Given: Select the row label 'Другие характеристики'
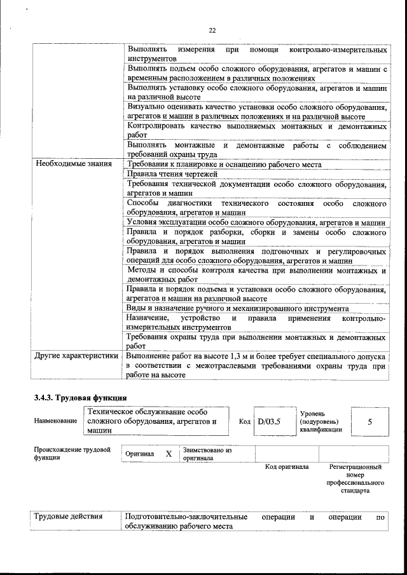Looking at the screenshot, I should tap(76, 356).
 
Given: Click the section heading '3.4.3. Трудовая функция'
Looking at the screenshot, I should tap(80, 398).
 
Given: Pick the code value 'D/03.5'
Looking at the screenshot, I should tap(270, 421).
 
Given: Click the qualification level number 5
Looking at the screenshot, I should tap(369, 421).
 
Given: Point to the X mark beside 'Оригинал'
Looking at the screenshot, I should tap(169, 454).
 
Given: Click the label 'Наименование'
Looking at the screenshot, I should tap(57, 421).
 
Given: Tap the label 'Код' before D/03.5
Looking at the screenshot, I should tap(245, 421).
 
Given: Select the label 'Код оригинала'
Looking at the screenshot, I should tap(287, 467).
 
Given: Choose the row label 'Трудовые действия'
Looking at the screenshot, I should tap(68, 517).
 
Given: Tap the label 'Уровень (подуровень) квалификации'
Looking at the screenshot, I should tap(321, 421).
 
